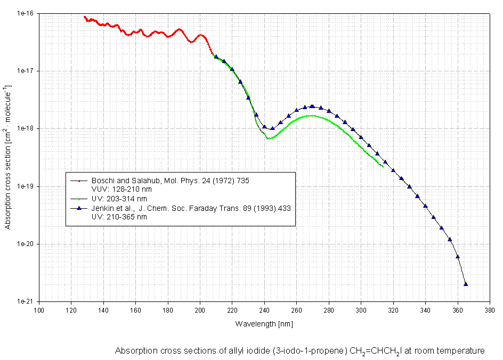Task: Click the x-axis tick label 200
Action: [x=200, y=310]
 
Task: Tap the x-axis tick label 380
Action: [x=490, y=310]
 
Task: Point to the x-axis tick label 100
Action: [x=39, y=310]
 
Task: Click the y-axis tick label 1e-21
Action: [x=26, y=301]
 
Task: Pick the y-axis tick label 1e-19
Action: [x=26, y=186]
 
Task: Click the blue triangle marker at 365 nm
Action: [x=466, y=284]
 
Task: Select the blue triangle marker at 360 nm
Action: [x=458, y=257]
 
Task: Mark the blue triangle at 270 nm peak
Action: [x=312, y=107]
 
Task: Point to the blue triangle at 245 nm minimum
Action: [x=272, y=128]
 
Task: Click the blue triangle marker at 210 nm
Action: [x=216, y=56]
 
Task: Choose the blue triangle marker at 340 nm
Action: [x=425, y=206]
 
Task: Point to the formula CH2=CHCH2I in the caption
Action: [x=376, y=351]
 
